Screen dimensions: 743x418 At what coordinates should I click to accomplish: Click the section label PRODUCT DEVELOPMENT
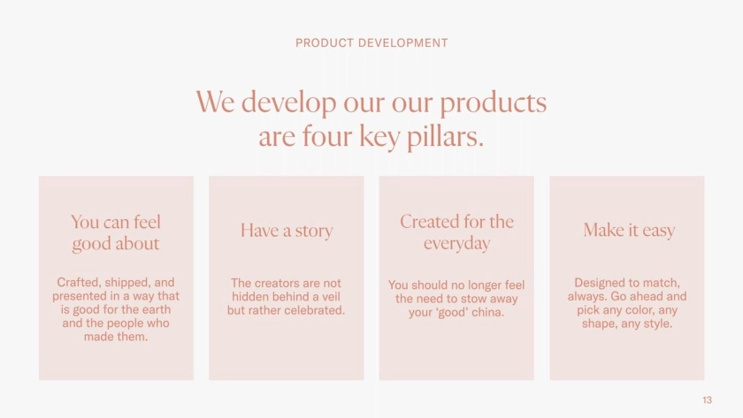(x=371, y=43)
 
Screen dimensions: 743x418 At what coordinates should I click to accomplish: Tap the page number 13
(x=707, y=400)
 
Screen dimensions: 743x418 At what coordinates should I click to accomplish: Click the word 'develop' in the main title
(x=288, y=103)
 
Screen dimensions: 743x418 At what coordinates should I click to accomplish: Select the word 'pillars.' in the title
(x=446, y=137)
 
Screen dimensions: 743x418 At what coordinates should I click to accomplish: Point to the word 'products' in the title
(x=494, y=103)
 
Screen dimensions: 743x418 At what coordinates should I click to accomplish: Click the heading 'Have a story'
(x=287, y=231)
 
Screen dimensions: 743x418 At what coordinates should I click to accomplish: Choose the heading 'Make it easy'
(x=629, y=231)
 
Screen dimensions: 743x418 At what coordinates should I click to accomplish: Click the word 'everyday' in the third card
(x=456, y=243)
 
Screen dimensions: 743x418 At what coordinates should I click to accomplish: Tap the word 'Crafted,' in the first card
(x=79, y=283)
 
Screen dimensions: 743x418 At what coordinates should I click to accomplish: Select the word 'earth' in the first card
(x=156, y=309)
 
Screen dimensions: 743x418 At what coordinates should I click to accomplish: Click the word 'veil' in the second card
(x=330, y=297)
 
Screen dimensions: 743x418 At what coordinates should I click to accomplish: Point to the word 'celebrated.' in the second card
(x=314, y=310)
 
